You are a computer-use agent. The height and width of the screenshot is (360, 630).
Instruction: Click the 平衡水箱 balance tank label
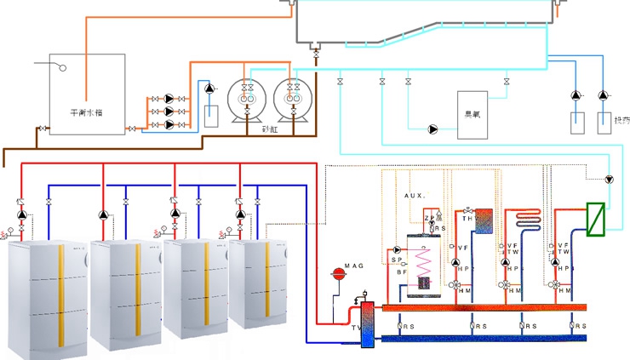[86, 111]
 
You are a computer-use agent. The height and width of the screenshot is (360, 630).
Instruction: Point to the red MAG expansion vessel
[337, 273]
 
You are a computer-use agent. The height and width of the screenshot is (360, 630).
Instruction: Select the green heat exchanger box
[596, 217]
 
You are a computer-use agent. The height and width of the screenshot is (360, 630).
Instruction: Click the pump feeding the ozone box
[432, 129]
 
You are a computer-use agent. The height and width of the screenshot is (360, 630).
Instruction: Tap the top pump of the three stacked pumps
[169, 99]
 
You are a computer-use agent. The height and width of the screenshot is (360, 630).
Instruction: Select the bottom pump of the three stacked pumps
[169, 124]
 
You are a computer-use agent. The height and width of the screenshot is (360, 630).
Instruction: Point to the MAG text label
[353, 266]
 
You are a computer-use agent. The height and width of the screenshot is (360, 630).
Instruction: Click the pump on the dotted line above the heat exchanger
[609, 180]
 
